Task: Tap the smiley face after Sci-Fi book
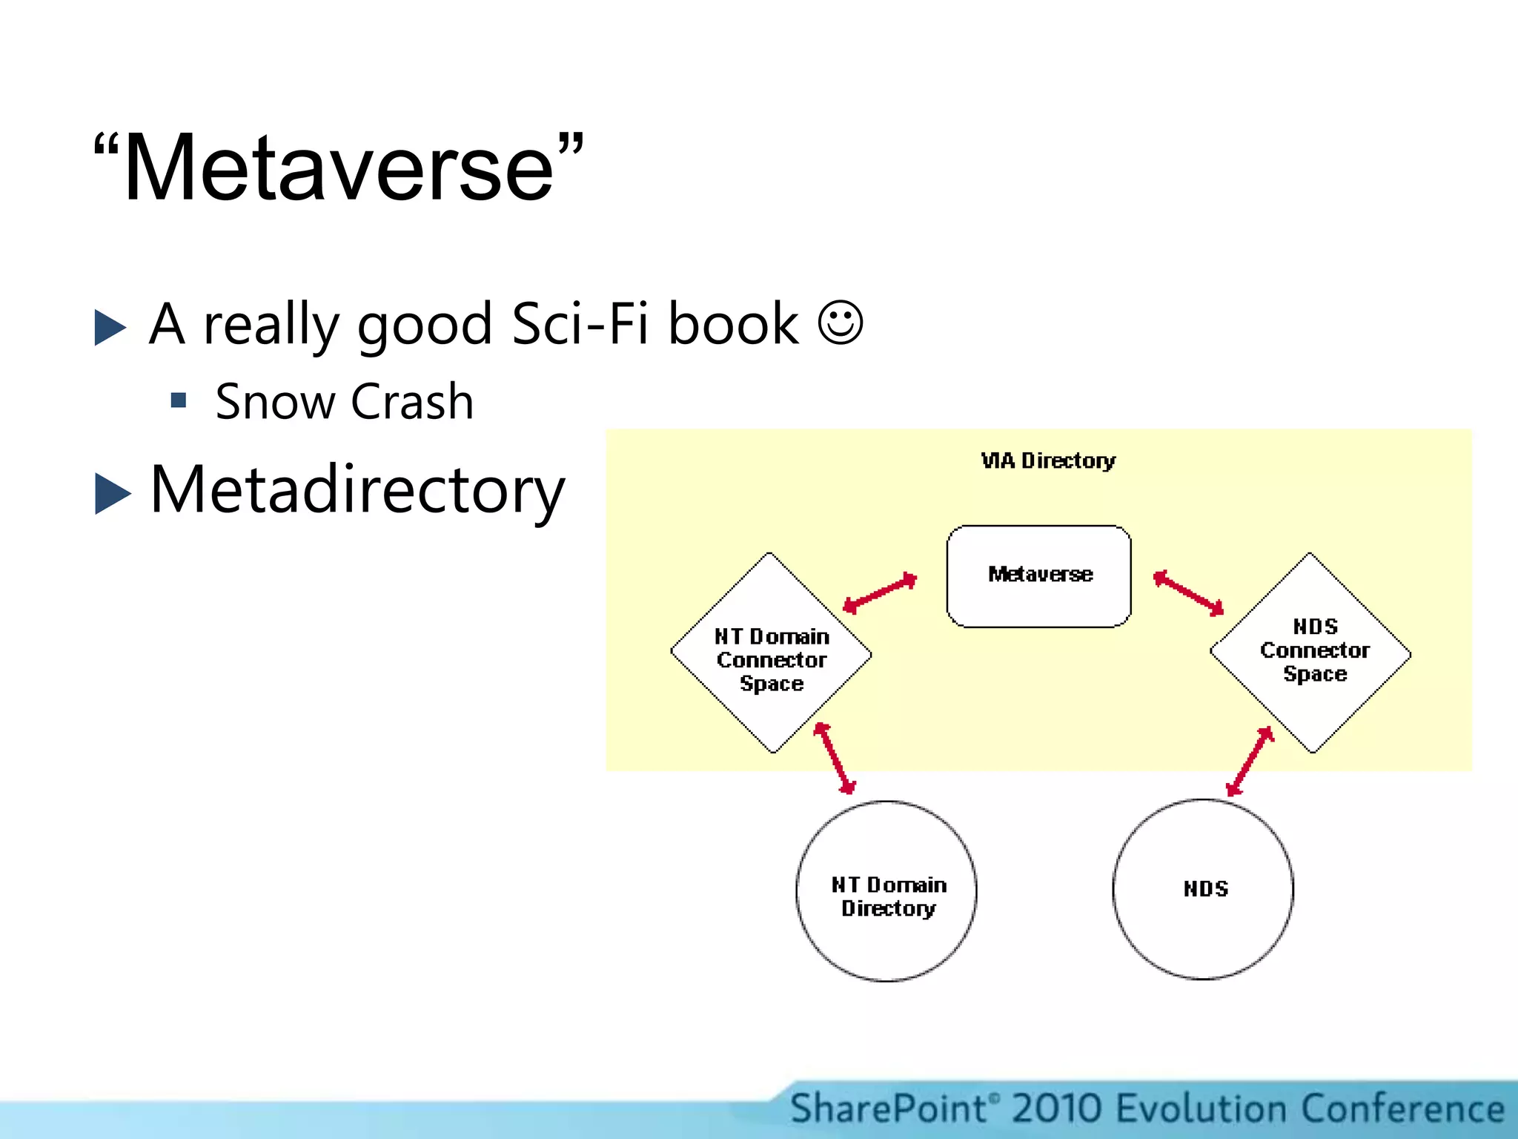(841, 323)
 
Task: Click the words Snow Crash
(344, 402)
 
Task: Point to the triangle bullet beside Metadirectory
(113, 493)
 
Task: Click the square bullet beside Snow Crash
(178, 401)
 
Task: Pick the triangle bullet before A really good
(111, 327)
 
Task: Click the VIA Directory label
(1048, 460)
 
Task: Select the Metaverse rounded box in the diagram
(1039, 575)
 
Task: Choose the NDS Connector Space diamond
(1310, 653)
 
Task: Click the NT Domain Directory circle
(886, 891)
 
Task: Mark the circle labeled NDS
(1204, 889)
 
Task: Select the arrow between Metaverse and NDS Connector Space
(1189, 593)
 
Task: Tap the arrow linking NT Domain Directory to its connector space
(835, 758)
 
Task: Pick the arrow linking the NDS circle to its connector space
(1250, 761)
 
